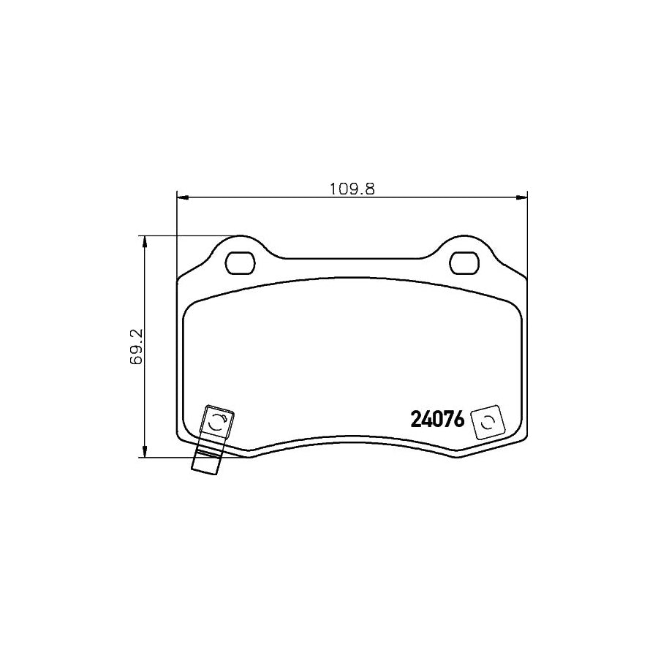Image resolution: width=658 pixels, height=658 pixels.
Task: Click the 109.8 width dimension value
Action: pyautogui.click(x=352, y=188)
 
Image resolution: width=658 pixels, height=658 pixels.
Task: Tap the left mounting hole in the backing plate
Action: pyautogui.click(x=239, y=262)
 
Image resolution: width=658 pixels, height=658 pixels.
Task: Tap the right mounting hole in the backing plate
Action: pyautogui.click(x=464, y=262)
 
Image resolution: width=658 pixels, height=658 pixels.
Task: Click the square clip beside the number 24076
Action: pyautogui.click(x=485, y=423)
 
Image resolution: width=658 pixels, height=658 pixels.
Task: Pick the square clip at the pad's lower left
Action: pyautogui.click(x=219, y=423)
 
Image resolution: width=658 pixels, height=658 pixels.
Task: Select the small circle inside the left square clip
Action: pyautogui.click(x=217, y=422)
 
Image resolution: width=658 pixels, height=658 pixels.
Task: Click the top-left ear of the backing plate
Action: pyautogui.click(x=240, y=244)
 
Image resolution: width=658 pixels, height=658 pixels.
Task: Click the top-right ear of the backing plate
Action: pyautogui.click(x=464, y=244)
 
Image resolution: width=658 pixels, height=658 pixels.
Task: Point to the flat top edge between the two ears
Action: pyautogui.click(x=352, y=259)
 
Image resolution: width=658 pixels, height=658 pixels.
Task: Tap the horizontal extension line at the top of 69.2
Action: pyautogui.click(x=190, y=236)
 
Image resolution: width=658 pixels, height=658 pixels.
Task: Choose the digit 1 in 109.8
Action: pyautogui.click(x=333, y=188)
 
